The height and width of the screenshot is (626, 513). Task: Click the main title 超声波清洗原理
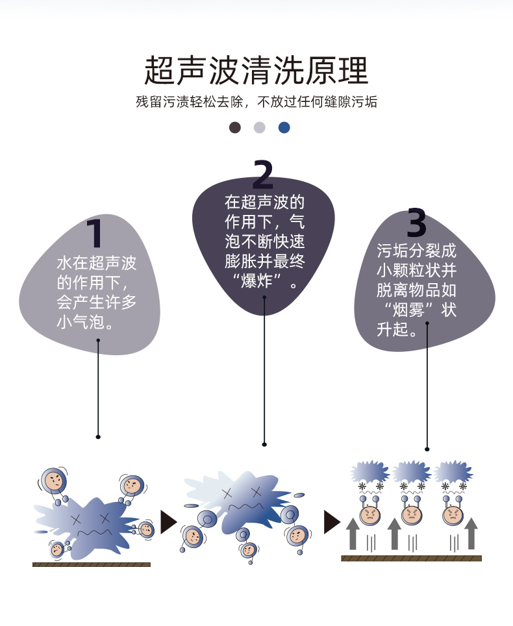point(256,70)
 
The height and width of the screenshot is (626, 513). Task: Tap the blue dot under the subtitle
point(284,127)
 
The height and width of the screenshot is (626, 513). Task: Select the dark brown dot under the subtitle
point(234,127)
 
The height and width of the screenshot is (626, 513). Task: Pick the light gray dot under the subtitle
point(260,127)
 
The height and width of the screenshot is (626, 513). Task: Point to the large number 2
point(263,174)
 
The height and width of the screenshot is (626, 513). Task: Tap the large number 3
point(416,222)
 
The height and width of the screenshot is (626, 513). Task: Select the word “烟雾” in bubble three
point(408,309)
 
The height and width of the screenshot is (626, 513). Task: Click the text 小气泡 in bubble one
point(81,322)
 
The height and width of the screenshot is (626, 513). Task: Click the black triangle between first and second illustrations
point(168,522)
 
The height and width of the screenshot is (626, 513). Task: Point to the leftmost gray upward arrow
point(353,534)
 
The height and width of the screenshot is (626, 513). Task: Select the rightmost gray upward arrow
point(471,533)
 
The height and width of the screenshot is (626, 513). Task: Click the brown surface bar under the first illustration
point(92,564)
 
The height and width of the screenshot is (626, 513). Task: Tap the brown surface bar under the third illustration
point(411,558)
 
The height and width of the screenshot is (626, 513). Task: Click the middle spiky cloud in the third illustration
point(411,471)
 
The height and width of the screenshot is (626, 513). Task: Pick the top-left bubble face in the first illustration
point(53,481)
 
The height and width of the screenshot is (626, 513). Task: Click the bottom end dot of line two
point(264,444)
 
